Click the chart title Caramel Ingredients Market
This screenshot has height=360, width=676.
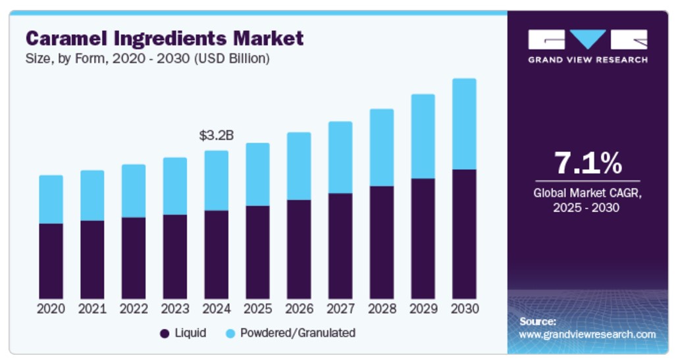[x=164, y=38]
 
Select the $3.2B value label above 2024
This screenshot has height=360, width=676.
[x=216, y=136]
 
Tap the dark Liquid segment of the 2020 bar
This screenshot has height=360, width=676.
[x=51, y=261]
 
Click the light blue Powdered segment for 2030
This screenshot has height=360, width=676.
[x=464, y=124]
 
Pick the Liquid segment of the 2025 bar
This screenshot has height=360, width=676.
[x=257, y=252]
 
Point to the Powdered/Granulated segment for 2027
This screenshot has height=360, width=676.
[x=340, y=157]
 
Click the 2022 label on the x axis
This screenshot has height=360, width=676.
[x=134, y=308]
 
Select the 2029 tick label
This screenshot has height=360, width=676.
[x=423, y=308]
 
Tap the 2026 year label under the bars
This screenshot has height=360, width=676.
[x=299, y=308]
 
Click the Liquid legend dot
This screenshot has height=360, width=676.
[x=165, y=334]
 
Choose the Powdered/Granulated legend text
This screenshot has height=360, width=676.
[x=298, y=333]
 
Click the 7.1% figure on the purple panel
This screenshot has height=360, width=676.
[x=587, y=163]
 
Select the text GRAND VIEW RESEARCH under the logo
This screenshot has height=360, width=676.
[x=587, y=60]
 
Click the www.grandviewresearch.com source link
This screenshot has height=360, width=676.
[x=587, y=334]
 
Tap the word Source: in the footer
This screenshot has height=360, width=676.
[x=537, y=321]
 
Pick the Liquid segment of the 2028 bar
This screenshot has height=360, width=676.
[x=382, y=242]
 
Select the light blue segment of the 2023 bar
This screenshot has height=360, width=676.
[x=174, y=186]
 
